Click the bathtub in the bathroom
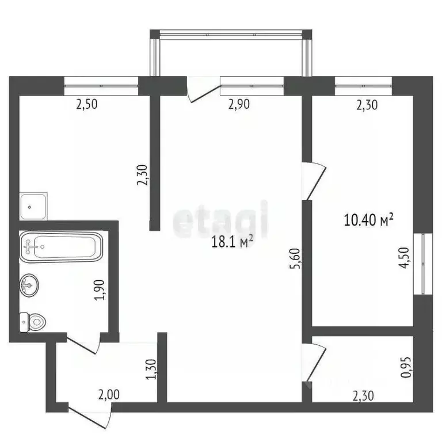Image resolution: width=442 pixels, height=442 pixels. click(x=61, y=246)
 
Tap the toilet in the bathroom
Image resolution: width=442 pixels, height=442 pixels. click(x=33, y=321)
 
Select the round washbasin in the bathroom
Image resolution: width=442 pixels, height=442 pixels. click(x=29, y=284)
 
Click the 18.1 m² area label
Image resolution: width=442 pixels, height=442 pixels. click(x=233, y=242)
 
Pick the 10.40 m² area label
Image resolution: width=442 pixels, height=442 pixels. click(x=368, y=219)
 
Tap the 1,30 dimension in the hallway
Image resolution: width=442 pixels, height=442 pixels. click(x=151, y=369)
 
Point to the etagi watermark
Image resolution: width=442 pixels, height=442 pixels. click(x=221, y=219)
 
